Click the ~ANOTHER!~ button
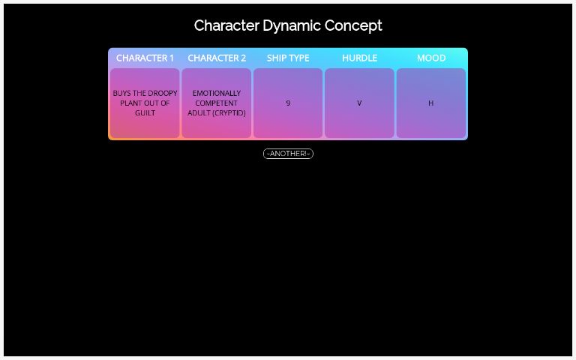pyautogui.click(x=288, y=154)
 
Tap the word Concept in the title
pyautogui.click(x=353, y=26)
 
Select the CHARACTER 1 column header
pyautogui.click(x=145, y=58)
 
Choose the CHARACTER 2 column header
pyautogui.click(x=217, y=58)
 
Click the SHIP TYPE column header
pyautogui.click(x=288, y=58)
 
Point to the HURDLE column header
pyautogui.click(x=359, y=58)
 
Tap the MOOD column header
pyautogui.click(x=431, y=58)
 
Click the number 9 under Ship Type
pyautogui.click(x=288, y=103)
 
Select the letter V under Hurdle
pyautogui.click(x=359, y=103)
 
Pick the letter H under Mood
pyautogui.click(x=430, y=103)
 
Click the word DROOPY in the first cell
pyautogui.click(x=162, y=94)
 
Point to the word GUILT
pyautogui.click(x=145, y=113)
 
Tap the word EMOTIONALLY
pyautogui.click(x=217, y=94)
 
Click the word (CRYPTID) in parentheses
pyautogui.click(x=229, y=113)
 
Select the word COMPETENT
pyautogui.click(x=217, y=103)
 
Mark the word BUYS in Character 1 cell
pyautogui.click(x=121, y=94)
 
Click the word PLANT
pyautogui.click(x=131, y=103)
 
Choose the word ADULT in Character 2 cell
pyautogui.click(x=199, y=113)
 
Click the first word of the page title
pyautogui.click(x=226, y=26)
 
